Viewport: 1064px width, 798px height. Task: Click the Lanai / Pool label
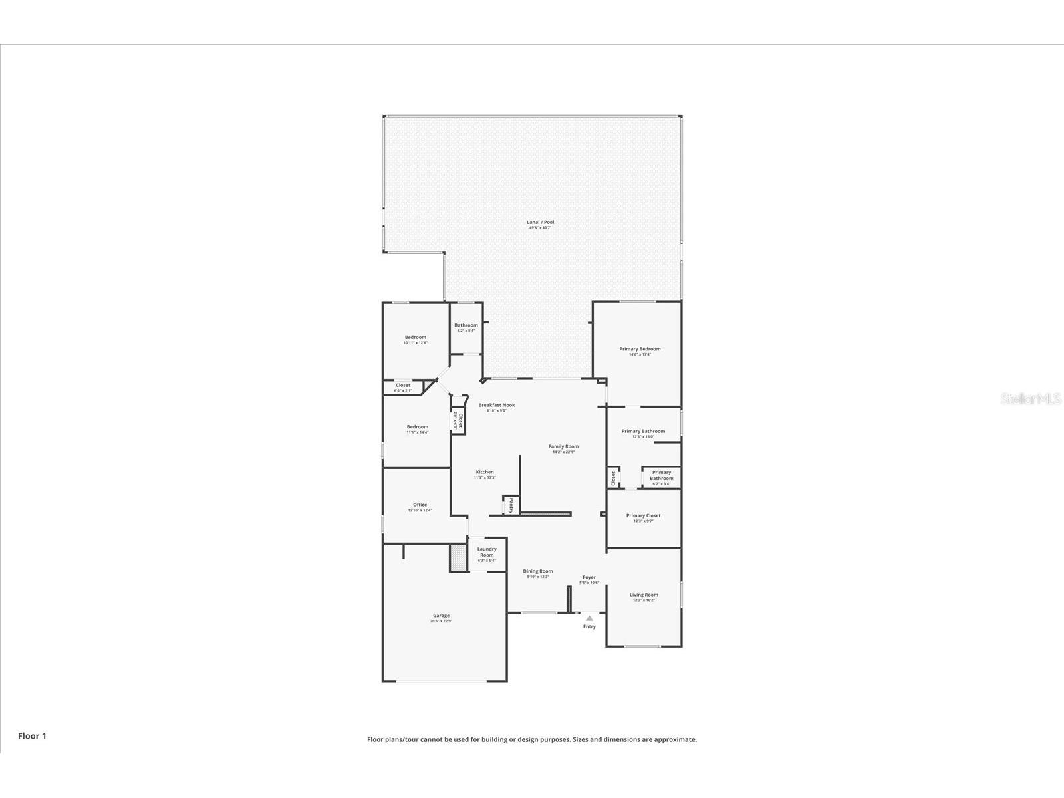click(x=540, y=222)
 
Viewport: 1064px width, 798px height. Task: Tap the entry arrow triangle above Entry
click(x=589, y=618)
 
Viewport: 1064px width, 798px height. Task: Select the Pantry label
click(x=511, y=505)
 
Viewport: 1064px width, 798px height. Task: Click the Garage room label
click(x=441, y=616)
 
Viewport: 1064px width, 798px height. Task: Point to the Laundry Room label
click(x=487, y=552)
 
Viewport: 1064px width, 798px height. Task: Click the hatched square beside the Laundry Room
click(x=458, y=557)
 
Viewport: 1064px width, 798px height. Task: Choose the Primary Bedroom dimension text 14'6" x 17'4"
click(x=640, y=354)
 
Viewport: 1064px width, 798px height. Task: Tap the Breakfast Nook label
click(x=496, y=405)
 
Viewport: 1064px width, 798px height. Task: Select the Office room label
click(x=420, y=505)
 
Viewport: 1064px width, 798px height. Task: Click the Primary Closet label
click(x=643, y=515)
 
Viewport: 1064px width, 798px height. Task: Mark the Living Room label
click(x=644, y=595)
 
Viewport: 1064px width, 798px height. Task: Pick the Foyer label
click(x=589, y=577)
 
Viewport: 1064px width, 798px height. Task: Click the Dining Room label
click(x=537, y=571)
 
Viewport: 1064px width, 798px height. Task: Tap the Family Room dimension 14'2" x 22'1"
click(x=563, y=452)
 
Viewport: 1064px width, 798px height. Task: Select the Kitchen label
click(x=484, y=472)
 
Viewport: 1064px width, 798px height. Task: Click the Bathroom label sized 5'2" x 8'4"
click(x=465, y=325)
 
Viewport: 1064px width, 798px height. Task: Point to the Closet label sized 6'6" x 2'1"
click(x=403, y=385)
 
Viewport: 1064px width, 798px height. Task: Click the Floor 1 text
click(x=32, y=736)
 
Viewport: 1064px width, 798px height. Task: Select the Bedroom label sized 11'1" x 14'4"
click(x=418, y=427)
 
